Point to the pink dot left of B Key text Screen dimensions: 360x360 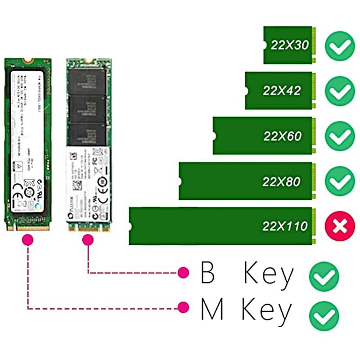pyautogui.click(x=183, y=272)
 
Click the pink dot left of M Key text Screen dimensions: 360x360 pyautogui.click(x=183, y=308)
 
